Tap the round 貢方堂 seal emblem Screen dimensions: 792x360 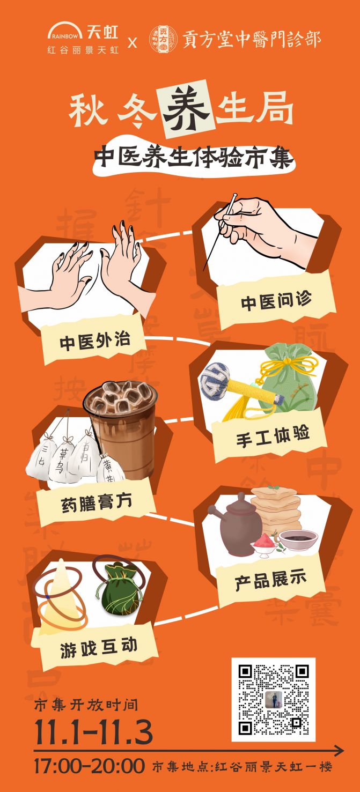[161, 39]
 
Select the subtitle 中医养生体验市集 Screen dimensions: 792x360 [194, 158]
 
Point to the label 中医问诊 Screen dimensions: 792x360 [276, 301]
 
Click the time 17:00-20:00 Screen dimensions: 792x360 [89, 766]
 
